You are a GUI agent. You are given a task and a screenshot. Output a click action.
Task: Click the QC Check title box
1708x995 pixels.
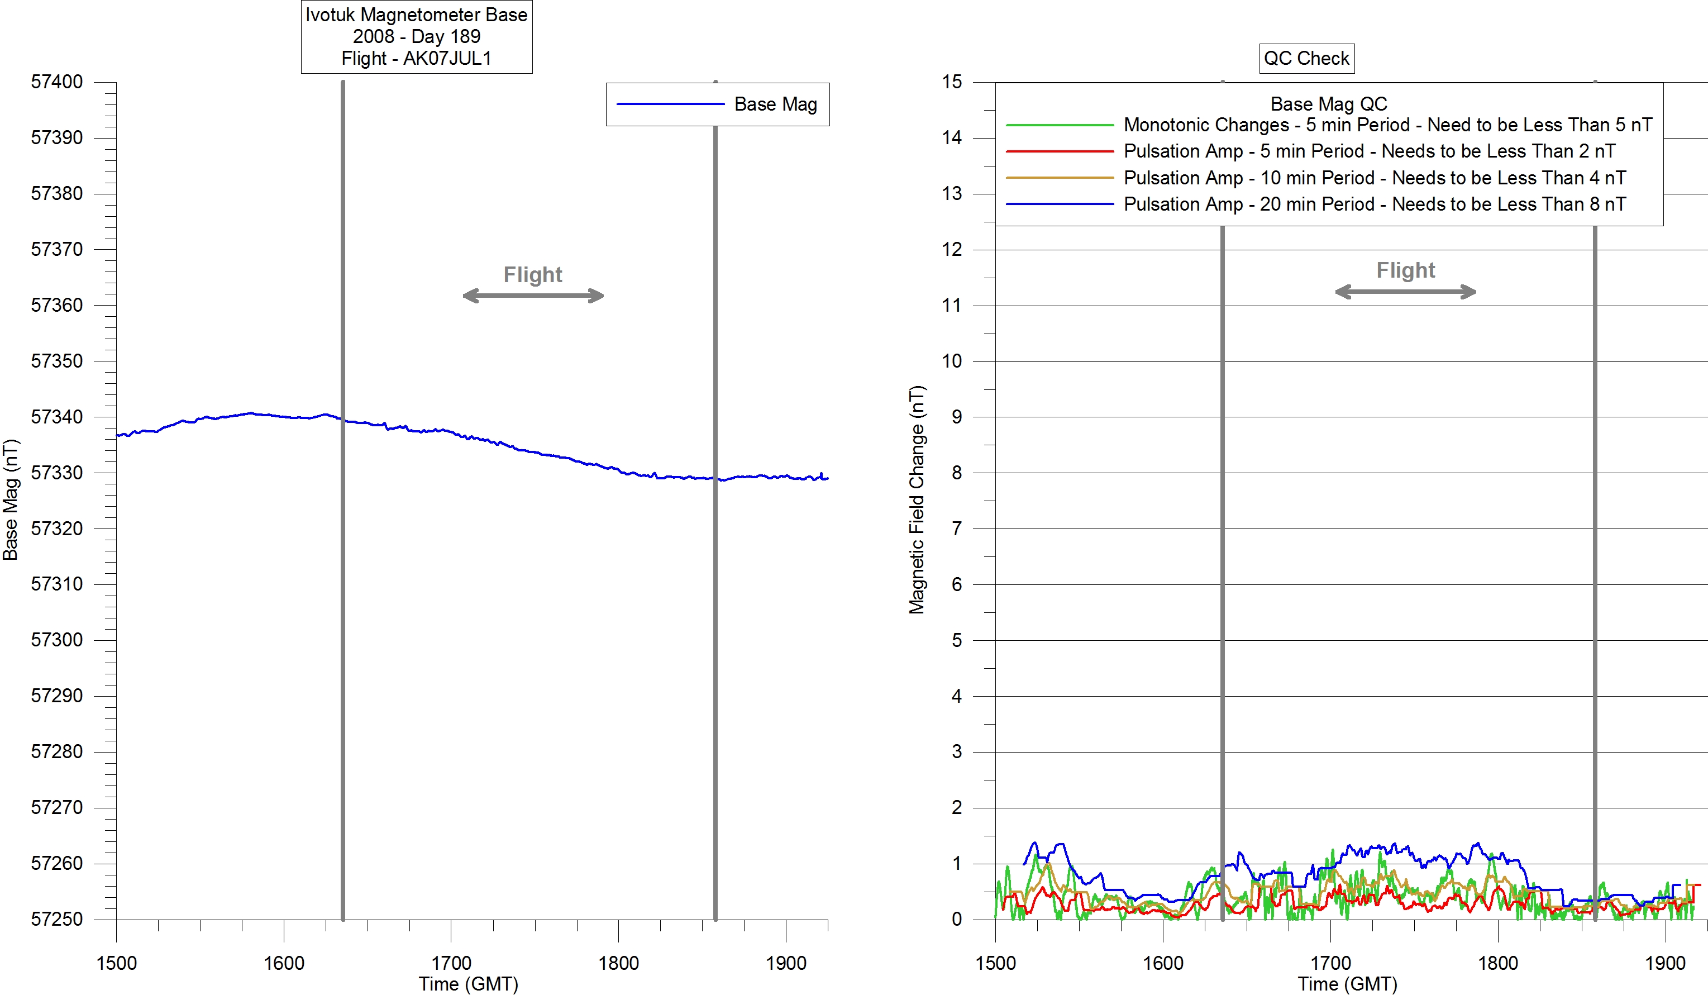[x=1306, y=58]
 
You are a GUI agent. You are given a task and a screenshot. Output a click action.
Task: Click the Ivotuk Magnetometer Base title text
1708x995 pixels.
[x=416, y=15]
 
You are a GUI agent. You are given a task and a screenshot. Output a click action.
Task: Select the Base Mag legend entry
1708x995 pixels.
[x=775, y=104]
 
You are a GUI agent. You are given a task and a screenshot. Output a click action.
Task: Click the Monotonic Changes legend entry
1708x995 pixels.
[x=1387, y=125]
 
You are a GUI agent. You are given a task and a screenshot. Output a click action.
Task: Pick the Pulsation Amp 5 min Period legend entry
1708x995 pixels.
[x=1369, y=151]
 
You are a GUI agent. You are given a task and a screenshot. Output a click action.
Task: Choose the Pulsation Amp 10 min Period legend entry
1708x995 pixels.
[x=1375, y=178]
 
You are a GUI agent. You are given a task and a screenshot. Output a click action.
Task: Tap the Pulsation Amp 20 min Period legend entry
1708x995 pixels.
[x=1375, y=204]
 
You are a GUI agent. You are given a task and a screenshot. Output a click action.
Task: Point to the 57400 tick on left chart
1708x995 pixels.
[x=57, y=82]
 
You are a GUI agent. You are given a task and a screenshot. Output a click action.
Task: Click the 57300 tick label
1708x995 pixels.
[x=57, y=640]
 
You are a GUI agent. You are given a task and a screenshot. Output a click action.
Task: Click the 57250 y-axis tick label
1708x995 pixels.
[x=57, y=919]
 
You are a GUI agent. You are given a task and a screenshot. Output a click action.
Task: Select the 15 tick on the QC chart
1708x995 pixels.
[x=952, y=82]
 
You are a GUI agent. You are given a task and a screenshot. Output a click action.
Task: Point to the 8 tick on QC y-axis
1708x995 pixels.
[x=956, y=473]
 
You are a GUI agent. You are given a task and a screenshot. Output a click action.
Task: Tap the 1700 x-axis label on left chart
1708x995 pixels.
[x=451, y=963]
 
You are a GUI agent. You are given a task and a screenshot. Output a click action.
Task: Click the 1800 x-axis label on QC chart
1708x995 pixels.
[x=1498, y=963]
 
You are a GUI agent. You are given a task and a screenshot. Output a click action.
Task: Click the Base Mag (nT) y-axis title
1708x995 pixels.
[x=10, y=499]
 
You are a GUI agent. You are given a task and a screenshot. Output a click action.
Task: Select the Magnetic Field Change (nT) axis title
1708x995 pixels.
[x=917, y=499]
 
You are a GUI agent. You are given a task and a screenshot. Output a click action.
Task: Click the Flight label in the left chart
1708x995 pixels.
[x=533, y=274]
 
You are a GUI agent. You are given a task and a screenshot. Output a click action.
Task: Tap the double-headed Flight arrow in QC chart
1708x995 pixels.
[x=1405, y=292]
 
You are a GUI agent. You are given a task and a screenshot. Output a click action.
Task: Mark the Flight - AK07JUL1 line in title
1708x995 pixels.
[x=416, y=58]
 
